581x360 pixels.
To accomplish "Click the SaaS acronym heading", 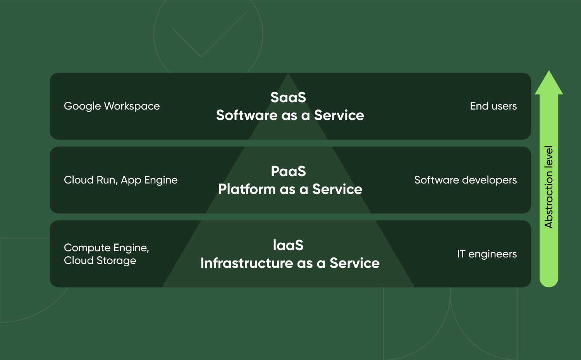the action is click(288, 98).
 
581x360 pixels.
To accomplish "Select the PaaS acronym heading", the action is click(289, 171).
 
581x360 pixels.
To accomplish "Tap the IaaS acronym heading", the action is click(288, 245).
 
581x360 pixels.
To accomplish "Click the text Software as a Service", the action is click(290, 115).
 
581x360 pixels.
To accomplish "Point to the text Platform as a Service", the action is click(290, 189).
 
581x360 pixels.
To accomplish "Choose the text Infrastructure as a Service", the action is click(290, 263).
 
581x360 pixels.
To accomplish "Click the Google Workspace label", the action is click(112, 106).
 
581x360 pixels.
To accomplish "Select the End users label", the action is click(493, 106).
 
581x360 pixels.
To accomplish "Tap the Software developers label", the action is click(465, 180).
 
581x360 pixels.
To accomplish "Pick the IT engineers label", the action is click(487, 254).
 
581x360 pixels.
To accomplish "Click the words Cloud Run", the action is click(90, 180).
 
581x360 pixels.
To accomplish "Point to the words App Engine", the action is click(150, 180).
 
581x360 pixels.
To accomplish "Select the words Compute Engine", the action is click(106, 248).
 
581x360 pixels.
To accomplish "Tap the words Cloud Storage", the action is click(100, 261).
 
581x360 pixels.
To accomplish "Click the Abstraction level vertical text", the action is click(549, 187).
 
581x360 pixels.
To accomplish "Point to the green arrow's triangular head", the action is click(549, 83).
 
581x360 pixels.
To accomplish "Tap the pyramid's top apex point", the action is click(288, 73).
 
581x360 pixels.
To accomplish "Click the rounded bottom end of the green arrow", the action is click(549, 283).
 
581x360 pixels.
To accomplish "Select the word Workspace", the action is click(132, 106).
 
